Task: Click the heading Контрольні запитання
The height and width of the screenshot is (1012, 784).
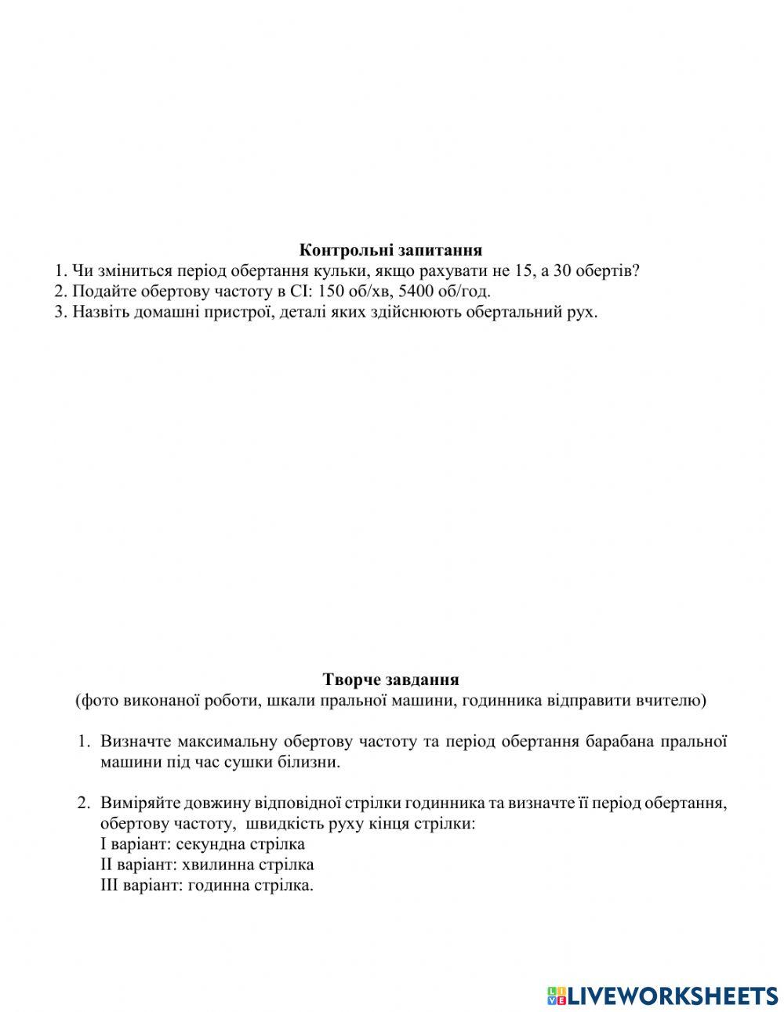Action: click(390, 250)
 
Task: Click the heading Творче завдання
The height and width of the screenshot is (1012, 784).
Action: click(390, 680)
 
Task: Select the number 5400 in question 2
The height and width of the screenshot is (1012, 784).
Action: click(416, 292)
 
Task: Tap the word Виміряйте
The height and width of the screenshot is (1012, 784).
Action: click(138, 803)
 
